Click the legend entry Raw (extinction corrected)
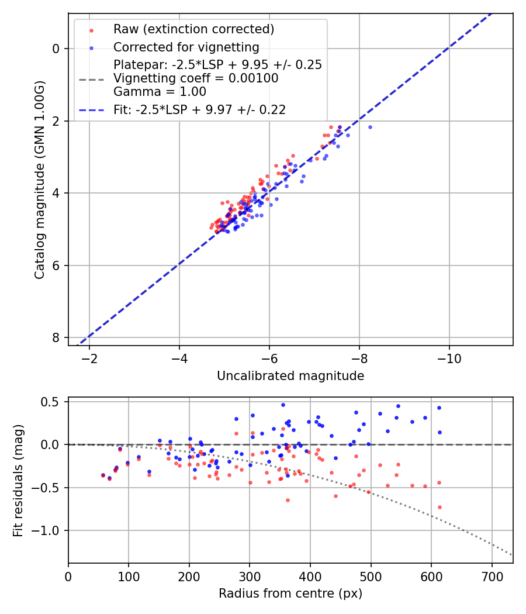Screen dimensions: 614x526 tap(193, 29)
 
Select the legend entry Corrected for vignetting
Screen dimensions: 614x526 tap(186, 47)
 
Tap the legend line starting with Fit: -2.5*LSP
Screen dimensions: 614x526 tap(199, 109)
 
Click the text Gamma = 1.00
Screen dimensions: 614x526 tap(160, 91)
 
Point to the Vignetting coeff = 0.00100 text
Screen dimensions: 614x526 tap(196, 78)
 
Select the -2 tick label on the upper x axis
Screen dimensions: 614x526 tap(89, 357)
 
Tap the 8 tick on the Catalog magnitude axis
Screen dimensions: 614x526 tap(57, 338)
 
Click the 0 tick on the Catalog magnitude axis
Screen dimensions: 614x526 tap(57, 49)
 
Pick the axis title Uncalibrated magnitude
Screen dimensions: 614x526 tap(290, 376)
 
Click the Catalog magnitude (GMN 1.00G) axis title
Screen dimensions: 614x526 tap(39, 179)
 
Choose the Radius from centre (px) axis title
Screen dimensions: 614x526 tap(290, 594)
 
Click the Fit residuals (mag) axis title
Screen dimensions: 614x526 tap(18, 480)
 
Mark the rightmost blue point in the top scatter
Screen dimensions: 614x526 tap(369, 127)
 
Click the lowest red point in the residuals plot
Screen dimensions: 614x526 tap(440, 507)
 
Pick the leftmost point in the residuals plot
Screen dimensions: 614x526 tap(103, 475)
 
